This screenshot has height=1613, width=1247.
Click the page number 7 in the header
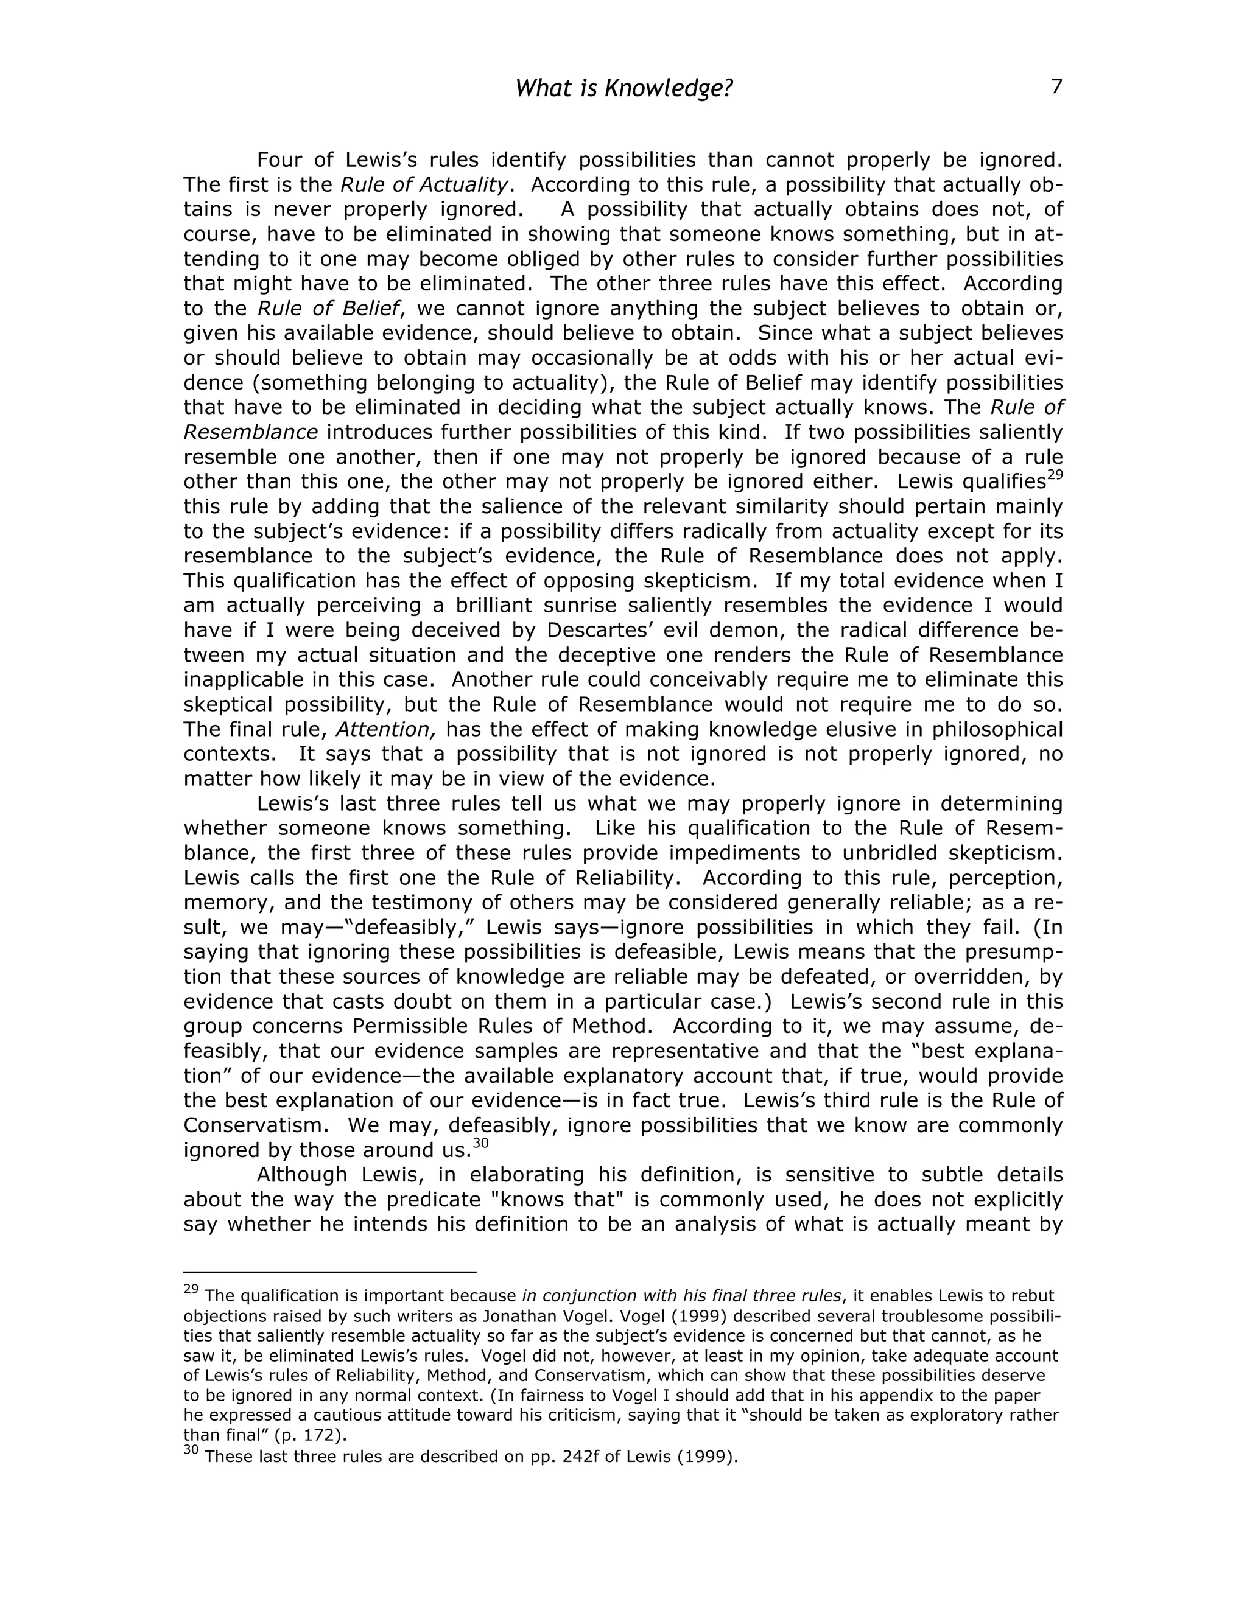coord(1056,87)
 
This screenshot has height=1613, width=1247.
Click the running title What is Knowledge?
coord(623,89)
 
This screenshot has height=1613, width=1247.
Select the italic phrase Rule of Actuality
coord(424,184)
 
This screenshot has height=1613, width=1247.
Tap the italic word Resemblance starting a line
coord(250,432)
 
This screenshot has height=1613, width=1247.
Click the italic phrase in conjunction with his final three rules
coord(681,1296)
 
